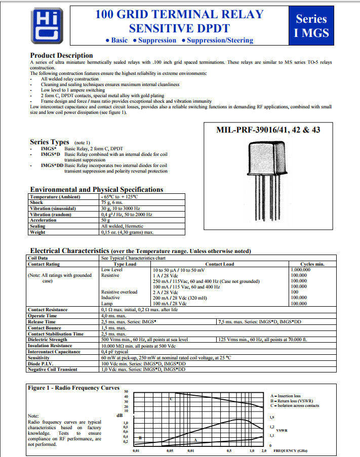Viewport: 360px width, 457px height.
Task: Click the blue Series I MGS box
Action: (x=311, y=26)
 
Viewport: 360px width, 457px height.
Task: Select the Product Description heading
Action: (x=61, y=55)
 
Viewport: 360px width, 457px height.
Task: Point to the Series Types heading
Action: (x=50, y=142)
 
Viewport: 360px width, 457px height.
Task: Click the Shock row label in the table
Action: (x=36, y=202)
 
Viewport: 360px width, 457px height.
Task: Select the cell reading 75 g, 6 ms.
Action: (x=116, y=202)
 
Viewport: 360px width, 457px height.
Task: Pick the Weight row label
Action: (x=37, y=232)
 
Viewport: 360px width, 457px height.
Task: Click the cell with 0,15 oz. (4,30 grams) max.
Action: (x=127, y=232)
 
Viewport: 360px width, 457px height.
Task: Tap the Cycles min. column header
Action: (x=312, y=264)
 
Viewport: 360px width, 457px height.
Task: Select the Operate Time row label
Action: (x=42, y=315)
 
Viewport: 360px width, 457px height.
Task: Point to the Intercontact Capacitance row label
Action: (x=54, y=351)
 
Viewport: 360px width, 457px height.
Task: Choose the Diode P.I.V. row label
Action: (x=42, y=363)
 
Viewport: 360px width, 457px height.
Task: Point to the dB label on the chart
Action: (x=119, y=416)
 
